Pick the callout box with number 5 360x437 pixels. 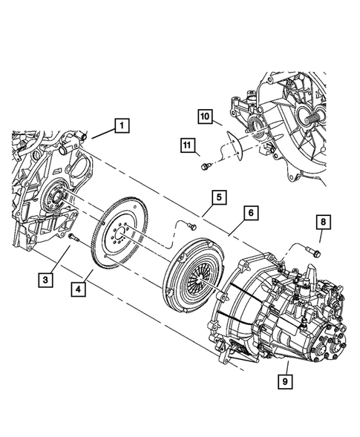pos(217,197)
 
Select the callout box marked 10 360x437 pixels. pos(206,116)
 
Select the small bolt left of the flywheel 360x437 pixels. pos(74,237)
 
